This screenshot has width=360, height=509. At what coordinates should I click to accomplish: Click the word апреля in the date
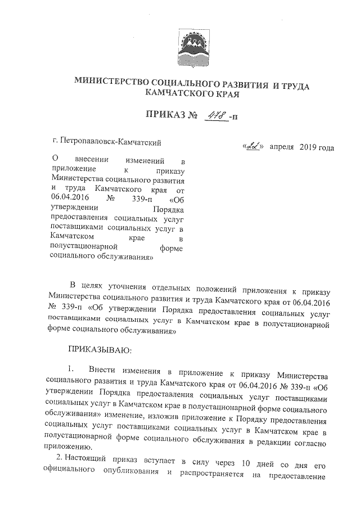(285, 147)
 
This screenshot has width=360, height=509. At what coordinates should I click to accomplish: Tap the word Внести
(104, 372)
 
